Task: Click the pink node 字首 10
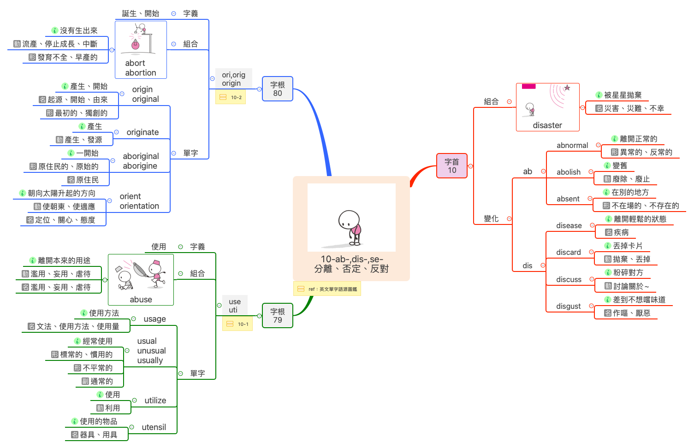pyautogui.click(x=452, y=166)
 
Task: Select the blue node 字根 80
pyautogui.click(x=277, y=89)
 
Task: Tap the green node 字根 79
pyautogui.click(x=277, y=316)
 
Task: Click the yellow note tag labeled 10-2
pyautogui.click(x=231, y=97)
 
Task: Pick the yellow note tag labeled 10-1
pyautogui.click(x=237, y=324)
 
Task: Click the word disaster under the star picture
pyautogui.click(x=547, y=125)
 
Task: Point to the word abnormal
pyautogui.click(x=572, y=146)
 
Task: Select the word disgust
pyautogui.click(x=569, y=307)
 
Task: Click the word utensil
pyautogui.click(x=154, y=427)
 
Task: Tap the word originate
pyautogui.click(x=142, y=132)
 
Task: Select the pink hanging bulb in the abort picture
pyautogui.click(x=135, y=44)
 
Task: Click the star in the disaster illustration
pyautogui.click(x=567, y=88)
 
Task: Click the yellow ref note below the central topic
pyautogui.click(x=327, y=289)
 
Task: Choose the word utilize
pyautogui.click(x=155, y=401)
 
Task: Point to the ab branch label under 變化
pyautogui.click(x=528, y=171)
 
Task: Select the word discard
pyautogui.click(x=569, y=253)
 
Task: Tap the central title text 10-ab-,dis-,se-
pyautogui.click(x=352, y=259)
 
